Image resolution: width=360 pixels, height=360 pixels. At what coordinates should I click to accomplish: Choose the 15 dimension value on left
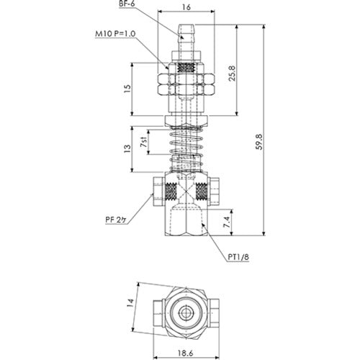[x=127, y=89]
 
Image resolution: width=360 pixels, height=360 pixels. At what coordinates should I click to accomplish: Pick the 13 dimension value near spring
[x=127, y=150]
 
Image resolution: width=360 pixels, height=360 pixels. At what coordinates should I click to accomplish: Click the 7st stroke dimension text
[x=146, y=143]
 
